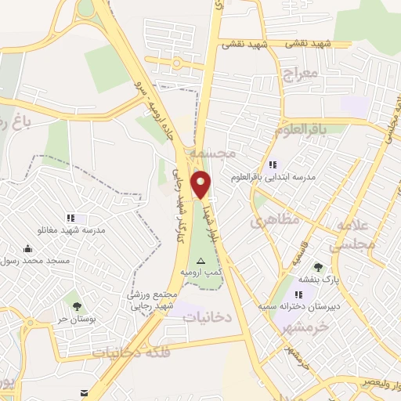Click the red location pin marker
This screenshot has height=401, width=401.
[201, 184]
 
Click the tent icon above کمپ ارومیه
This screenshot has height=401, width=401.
[202, 259]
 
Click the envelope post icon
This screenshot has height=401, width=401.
[83, 392]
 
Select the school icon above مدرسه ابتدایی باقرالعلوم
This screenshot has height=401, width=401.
[273, 165]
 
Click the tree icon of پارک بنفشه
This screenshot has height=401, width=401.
[318, 268]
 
